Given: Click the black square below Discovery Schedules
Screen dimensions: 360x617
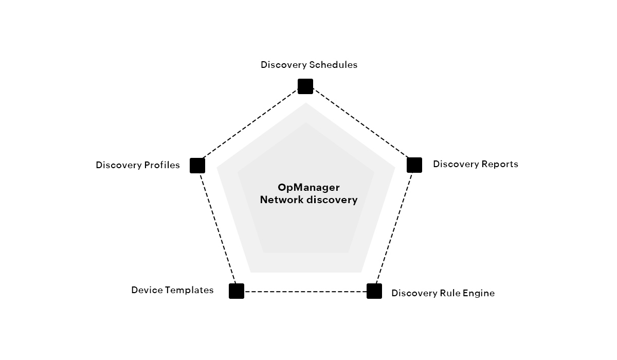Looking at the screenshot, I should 305,86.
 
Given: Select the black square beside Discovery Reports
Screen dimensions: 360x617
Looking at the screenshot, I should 414,165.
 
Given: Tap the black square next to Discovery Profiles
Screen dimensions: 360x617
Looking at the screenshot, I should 197,166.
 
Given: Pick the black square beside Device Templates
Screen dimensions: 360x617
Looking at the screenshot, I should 237,291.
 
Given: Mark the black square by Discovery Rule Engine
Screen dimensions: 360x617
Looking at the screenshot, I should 374,291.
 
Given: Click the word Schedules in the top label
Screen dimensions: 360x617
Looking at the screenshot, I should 333,65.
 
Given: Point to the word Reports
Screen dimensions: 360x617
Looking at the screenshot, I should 500,164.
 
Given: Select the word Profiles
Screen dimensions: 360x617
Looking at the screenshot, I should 162,165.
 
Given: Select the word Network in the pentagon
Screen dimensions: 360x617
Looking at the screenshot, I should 282,200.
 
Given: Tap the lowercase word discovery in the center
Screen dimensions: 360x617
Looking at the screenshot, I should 332,200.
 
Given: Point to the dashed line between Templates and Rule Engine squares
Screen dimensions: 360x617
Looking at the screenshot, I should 305,292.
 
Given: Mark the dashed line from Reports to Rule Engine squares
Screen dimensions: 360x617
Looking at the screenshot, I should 394,228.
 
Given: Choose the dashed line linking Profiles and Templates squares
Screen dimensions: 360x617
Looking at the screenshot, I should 217,228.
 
